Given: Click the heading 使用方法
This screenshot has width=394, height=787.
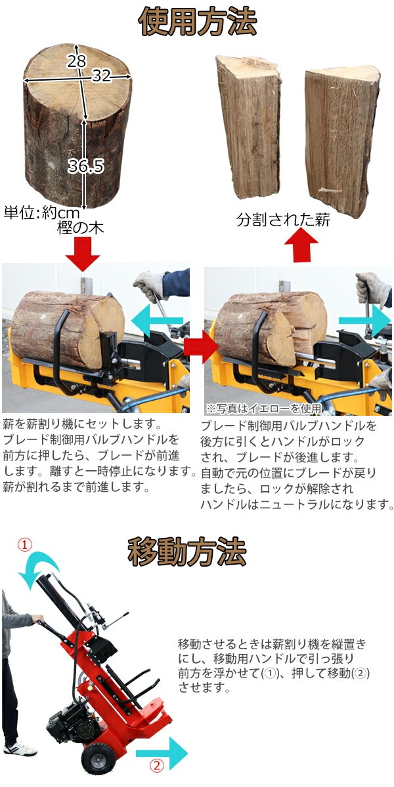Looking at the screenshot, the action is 198,22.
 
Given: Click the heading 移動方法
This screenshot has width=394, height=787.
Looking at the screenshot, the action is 186,552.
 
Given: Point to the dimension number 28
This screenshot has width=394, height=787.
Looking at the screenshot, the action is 76,61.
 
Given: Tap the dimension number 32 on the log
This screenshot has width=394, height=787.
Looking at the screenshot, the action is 102,75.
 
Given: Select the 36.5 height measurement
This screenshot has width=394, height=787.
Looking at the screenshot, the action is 86,165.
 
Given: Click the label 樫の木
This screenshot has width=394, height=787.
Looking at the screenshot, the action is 81,229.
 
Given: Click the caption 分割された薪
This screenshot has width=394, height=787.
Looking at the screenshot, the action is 283,220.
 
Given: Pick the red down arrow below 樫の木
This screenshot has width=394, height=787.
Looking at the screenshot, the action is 83,254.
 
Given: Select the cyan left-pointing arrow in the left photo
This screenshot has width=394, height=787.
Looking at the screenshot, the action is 157,321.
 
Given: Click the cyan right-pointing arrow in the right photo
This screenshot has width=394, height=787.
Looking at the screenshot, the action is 365,321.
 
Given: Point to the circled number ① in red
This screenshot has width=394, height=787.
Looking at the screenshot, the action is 25,545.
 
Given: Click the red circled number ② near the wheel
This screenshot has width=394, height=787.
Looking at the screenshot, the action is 157,775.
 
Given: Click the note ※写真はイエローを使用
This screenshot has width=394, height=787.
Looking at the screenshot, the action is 264,408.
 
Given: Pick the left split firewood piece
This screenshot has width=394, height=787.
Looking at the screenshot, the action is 248,127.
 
